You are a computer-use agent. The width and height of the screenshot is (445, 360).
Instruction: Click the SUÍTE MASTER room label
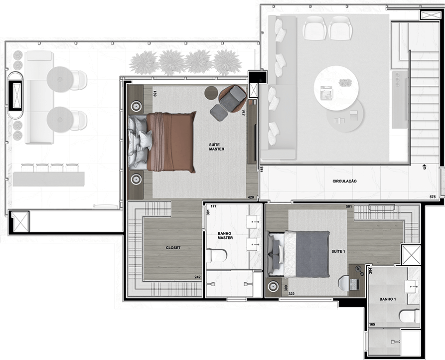point(217,147)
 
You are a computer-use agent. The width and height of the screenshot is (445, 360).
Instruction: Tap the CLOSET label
point(173,248)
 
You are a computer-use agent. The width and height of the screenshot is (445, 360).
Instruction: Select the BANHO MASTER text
point(225,236)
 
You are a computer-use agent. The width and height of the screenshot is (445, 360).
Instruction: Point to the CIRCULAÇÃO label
point(344,181)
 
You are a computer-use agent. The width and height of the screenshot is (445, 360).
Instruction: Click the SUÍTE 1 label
point(338,251)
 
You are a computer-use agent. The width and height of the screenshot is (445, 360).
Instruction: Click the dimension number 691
point(155,94)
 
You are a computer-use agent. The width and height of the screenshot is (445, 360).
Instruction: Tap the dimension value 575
point(432,197)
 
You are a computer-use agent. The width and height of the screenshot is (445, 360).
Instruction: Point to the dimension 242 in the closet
point(197,277)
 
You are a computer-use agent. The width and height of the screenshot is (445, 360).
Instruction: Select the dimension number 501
point(349,206)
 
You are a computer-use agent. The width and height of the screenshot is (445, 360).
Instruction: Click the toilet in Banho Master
point(217,255)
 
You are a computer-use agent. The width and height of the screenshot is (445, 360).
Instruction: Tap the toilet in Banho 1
point(409,316)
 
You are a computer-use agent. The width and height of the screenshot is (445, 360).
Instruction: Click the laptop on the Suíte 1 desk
point(354,285)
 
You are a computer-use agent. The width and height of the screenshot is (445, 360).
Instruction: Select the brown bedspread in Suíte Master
point(171,142)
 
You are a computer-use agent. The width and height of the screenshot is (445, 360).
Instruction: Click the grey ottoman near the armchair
point(219,113)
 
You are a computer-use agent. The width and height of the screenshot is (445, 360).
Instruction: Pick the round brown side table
point(211,93)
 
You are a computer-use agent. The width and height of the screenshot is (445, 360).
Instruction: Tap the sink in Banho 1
point(411,287)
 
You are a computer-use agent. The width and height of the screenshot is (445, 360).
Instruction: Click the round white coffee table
point(336,88)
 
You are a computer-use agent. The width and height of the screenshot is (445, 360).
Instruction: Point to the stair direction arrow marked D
point(425,167)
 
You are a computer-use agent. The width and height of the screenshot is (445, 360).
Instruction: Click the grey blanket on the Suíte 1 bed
point(312,254)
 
